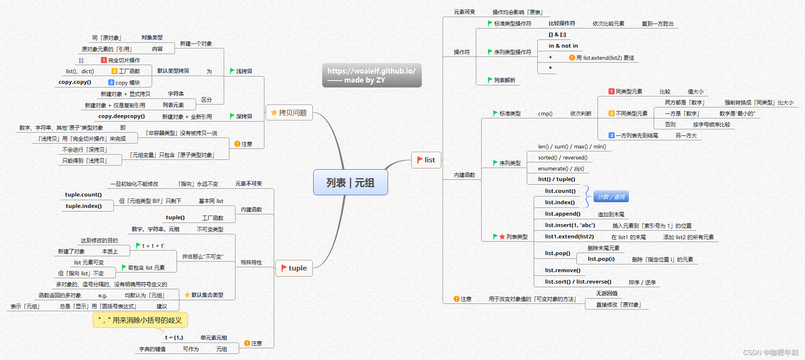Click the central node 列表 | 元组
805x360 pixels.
(350, 182)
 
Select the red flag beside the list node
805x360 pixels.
(420, 160)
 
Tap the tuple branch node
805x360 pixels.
(294, 268)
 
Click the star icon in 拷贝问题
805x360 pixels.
(274, 113)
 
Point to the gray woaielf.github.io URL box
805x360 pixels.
(371, 75)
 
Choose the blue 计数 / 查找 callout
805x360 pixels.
(611, 197)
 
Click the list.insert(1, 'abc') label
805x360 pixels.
(570, 225)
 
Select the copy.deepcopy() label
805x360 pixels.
(121, 116)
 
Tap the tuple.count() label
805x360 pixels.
(83, 194)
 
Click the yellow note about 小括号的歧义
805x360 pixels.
(140, 320)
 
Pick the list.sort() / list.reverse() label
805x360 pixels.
(578, 281)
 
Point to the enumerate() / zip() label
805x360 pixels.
(561, 168)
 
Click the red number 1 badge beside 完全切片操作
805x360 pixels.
(104, 60)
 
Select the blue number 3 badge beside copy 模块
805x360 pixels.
(111, 83)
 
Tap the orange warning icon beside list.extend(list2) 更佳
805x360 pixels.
(572, 58)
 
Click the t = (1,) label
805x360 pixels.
(174, 338)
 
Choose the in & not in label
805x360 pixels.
(563, 46)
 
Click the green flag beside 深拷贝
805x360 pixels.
(232, 116)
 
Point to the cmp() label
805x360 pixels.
(545, 113)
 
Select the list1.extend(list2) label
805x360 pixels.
(569, 236)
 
